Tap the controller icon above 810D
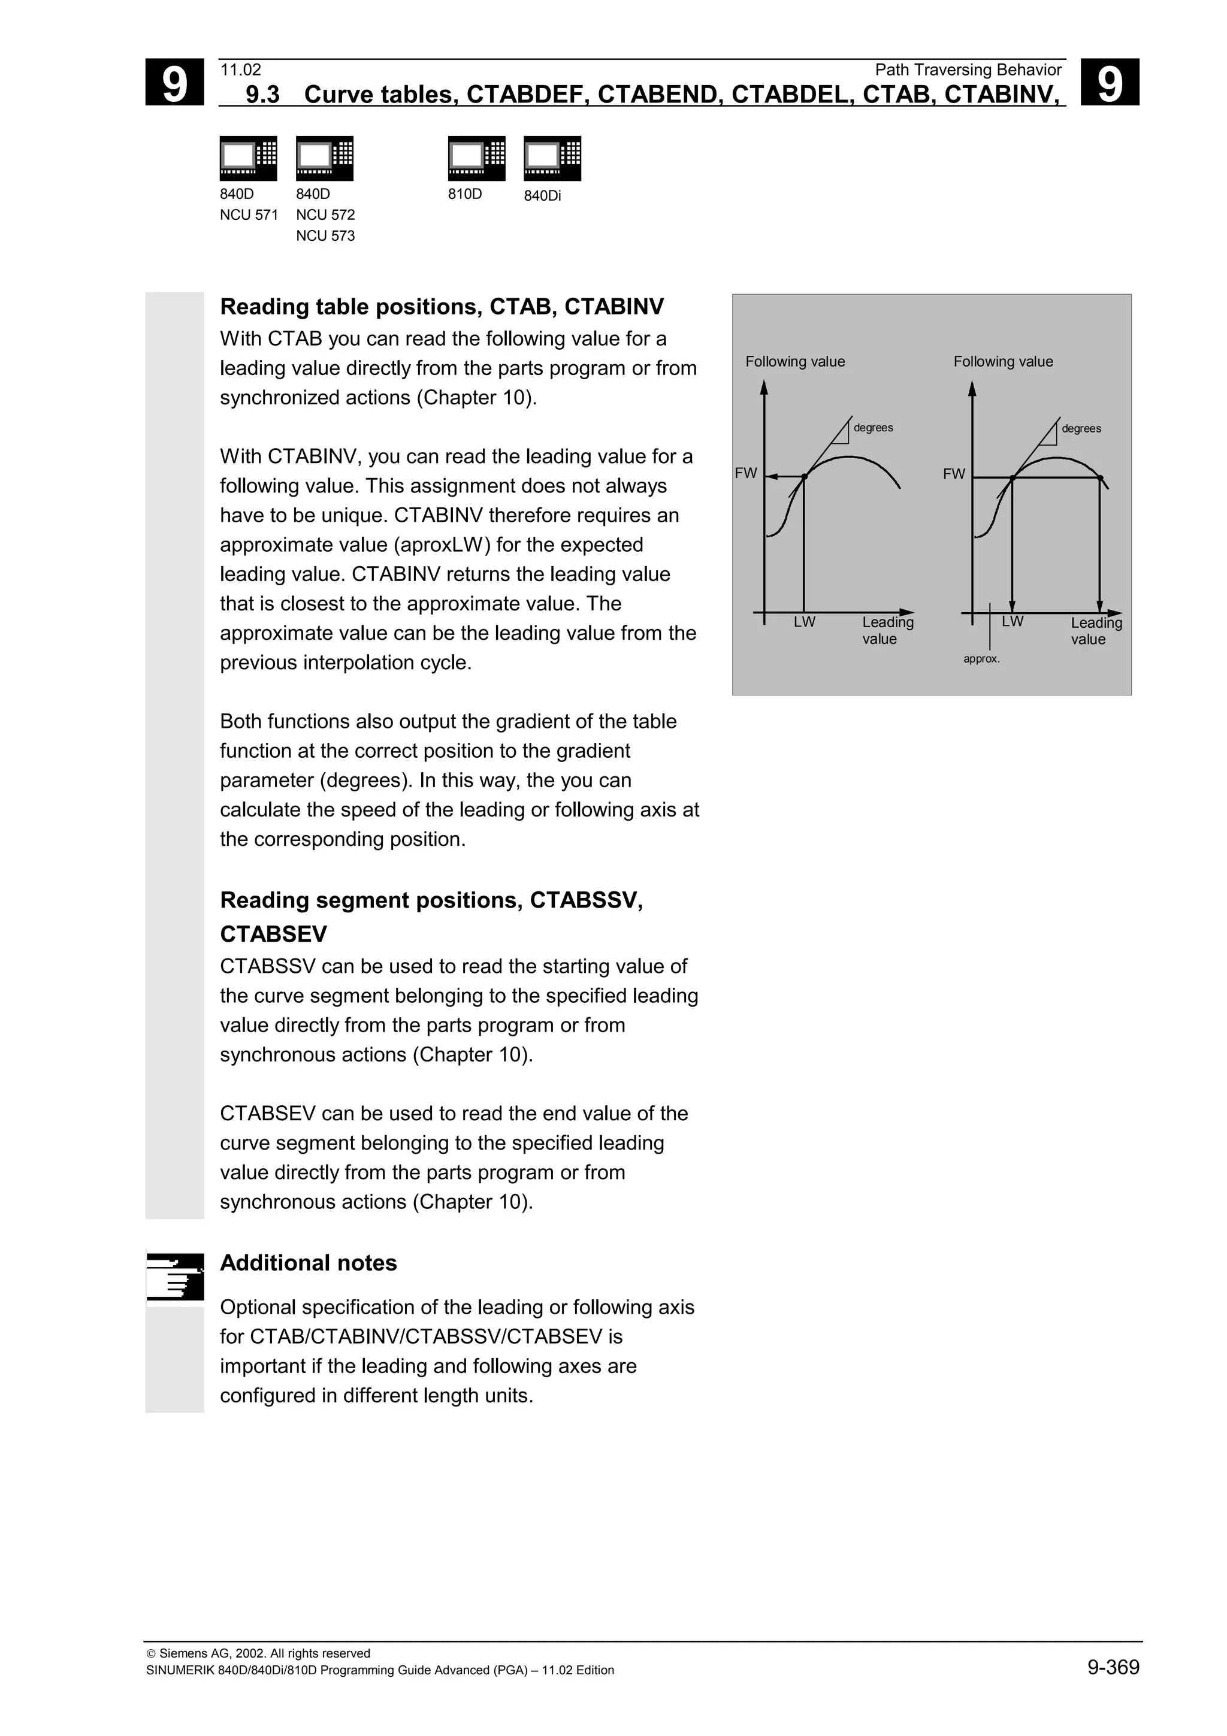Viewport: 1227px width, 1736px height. (x=476, y=158)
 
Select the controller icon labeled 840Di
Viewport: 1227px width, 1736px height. (x=552, y=158)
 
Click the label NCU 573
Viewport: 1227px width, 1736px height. (x=325, y=236)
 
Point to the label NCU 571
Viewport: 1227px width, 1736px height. (x=249, y=214)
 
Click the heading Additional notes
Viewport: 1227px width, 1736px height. (x=308, y=1263)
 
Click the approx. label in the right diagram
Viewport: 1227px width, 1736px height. (x=981, y=660)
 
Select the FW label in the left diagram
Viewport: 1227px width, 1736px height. (x=745, y=473)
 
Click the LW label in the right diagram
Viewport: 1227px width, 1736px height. (x=1013, y=622)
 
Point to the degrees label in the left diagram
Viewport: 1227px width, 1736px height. (x=873, y=428)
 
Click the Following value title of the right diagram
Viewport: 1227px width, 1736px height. (x=1002, y=361)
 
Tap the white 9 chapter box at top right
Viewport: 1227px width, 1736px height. (x=1109, y=83)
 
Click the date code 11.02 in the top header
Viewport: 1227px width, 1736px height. (x=240, y=69)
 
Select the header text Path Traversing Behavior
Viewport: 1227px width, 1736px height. (x=968, y=69)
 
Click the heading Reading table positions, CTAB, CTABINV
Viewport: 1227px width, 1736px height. (x=442, y=306)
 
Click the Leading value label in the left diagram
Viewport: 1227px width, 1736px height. (x=887, y=630)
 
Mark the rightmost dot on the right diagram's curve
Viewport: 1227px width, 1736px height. (x=1100, y=478)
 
